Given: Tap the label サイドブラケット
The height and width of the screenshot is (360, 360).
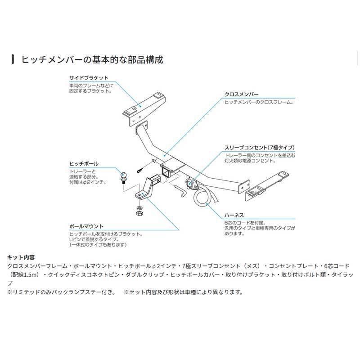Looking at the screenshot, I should pyautogui.click(x=89, y=78).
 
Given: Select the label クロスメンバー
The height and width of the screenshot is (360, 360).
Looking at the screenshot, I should pyautogui.click(x=241, y=95).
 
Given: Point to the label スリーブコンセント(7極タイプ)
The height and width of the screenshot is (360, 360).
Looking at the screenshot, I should pyautogui.click(x=260, y=148).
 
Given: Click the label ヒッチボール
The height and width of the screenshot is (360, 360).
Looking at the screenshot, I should pyautogui.click(x=84, y=164).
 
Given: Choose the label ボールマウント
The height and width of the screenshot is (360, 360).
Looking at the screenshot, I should pyautogui.click(x=86, y=226).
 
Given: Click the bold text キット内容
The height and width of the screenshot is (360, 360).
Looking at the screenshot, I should pyautogui.click(x=21, y=257).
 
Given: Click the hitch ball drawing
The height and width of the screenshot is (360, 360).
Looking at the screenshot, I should pyautogui.click(x=124, y=175).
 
